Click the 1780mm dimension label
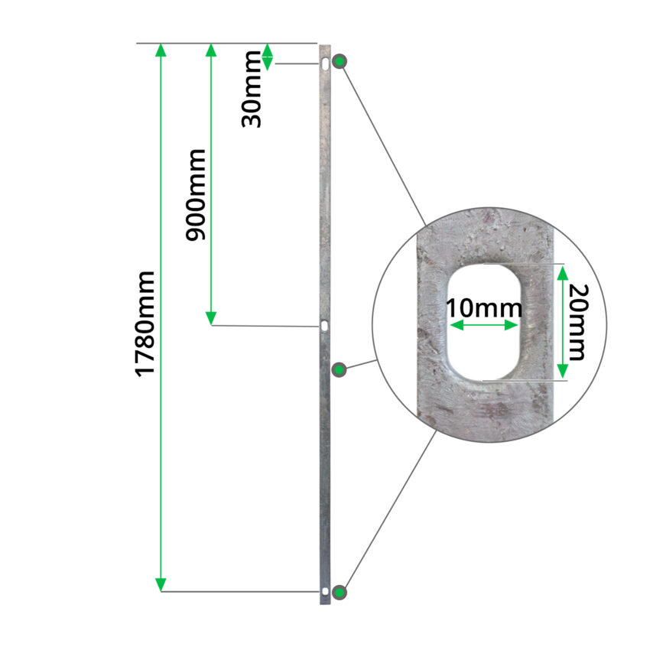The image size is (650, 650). [x=145, y=324]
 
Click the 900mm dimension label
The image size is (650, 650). [x=195, y=195]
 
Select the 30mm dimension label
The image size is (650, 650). [x=252, y=89]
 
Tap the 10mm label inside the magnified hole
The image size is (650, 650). [x=484, y=308]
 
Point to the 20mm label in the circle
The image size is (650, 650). [x=578, y=322]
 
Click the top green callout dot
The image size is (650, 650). [x=340, y=62]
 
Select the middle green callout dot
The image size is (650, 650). [x=340, y=369]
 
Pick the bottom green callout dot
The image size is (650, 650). [x=340, y=592]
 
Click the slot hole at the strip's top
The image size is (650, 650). [x=326, y=64]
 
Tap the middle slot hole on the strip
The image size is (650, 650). [x=323, y=326]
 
